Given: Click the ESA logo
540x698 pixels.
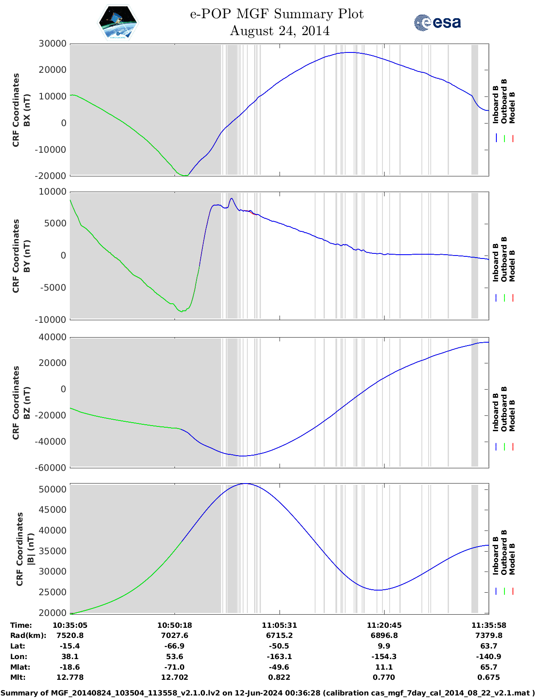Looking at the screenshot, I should point(438,22).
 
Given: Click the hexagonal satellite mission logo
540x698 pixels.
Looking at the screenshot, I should point(118,22).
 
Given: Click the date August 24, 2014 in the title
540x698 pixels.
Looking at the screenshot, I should point(280,31).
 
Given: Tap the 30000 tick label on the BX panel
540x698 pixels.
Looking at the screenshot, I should point(53,44).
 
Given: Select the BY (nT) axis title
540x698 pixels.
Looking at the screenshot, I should point(27,256).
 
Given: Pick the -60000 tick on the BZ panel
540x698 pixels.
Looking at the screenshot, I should point(51,468).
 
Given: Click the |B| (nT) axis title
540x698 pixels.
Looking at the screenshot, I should point(30,549).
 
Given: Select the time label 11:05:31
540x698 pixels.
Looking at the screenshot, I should point(279,625).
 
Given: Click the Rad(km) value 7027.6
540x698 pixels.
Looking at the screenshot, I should point(174,635).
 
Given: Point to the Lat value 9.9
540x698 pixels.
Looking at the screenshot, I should point(384,646).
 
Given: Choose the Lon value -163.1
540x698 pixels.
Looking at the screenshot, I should point(279,657).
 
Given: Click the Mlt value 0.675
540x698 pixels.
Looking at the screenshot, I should point(489,677).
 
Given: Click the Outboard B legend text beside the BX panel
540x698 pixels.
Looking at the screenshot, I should point(504,102).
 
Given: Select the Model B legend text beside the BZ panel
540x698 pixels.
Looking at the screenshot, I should point(512,415).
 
